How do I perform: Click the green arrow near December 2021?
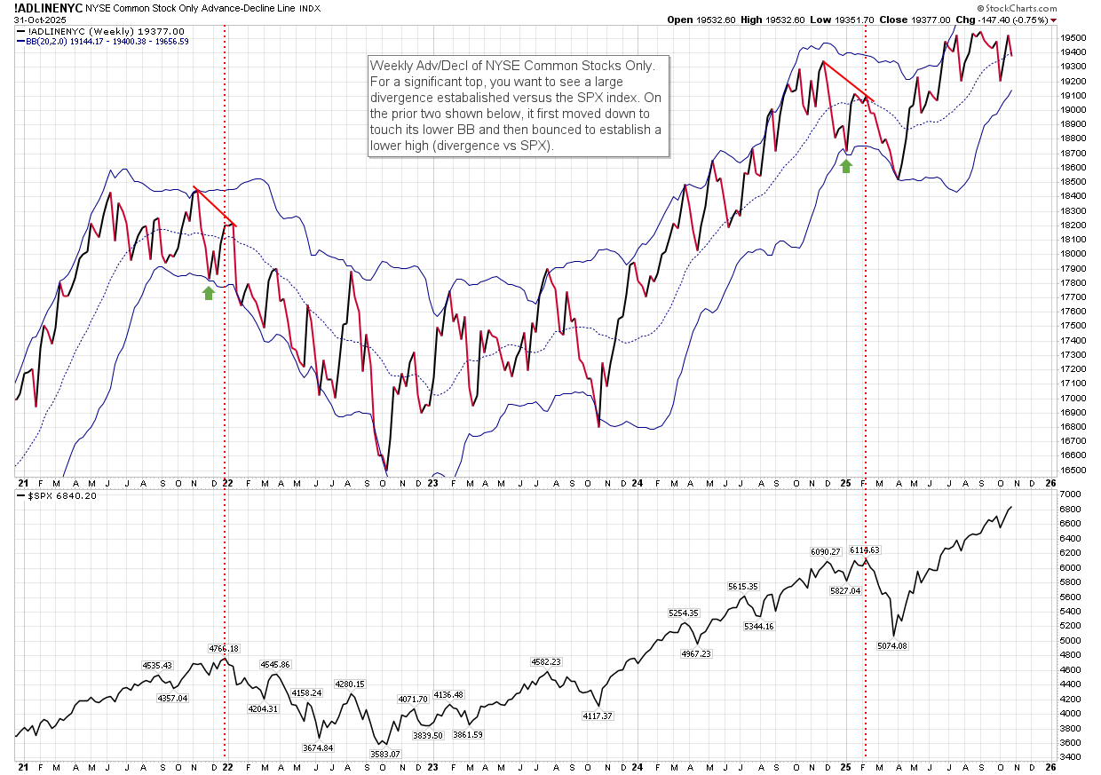coord(209,293)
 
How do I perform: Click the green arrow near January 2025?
coord(846,164)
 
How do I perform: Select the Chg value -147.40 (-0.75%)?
coord(1022,20)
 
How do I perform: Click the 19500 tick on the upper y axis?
coord(1073,38)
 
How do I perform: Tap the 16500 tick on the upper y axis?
coord(1073,470)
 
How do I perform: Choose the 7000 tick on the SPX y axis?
coord(1070,494)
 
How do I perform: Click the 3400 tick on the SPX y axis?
coord(1070,757)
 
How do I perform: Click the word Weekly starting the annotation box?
coord(392,66)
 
